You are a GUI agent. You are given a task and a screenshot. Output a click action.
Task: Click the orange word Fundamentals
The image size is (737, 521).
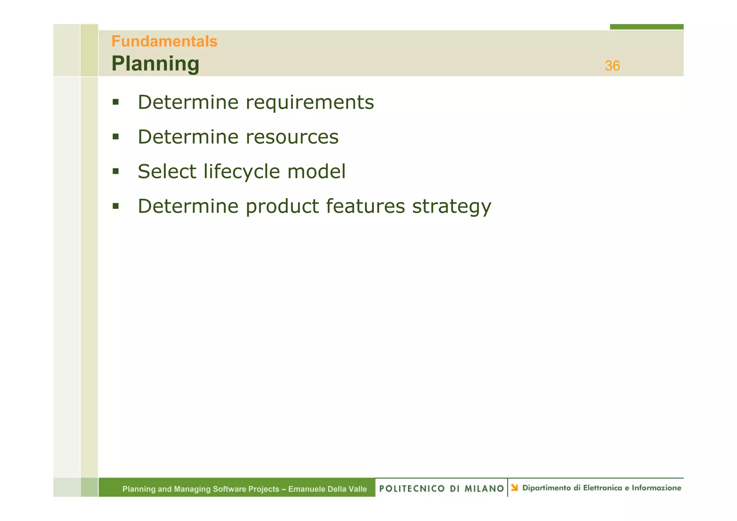pos(164,41)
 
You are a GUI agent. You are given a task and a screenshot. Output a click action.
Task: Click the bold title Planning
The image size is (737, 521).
pos(155,64)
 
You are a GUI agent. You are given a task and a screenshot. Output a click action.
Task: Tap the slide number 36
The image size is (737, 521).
pos(612,66)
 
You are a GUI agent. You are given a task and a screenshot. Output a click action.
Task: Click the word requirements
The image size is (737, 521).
pos(310,102)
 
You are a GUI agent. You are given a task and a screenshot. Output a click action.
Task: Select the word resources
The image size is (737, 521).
pos(292,137)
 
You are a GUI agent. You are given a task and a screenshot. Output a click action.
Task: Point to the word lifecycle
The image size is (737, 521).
pos(241,172)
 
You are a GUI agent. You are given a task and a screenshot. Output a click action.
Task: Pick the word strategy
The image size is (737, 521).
pos(451,207)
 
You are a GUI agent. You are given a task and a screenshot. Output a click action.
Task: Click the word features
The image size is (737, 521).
pos(365,206)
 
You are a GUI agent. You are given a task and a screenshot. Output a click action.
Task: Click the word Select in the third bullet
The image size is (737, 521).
pos(167,172)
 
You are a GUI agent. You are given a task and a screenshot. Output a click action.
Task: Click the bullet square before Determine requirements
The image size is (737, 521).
pos(116,102)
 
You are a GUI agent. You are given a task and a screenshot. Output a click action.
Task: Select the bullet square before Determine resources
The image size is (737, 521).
pos(116,137)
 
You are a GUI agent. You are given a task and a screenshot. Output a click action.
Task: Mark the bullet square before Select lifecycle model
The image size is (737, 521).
pos(116,171)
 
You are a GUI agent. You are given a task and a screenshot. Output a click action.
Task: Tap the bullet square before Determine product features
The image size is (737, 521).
pos(116,206)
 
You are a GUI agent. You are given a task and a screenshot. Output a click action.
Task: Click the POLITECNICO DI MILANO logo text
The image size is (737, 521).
pos(442,488)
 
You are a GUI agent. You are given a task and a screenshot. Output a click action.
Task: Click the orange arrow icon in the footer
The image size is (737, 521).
pos(515,488)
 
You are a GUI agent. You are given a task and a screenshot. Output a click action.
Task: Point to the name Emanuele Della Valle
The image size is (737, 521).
pos(327,489)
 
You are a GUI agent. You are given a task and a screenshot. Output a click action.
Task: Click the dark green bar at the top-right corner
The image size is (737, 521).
pos(646,27)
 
